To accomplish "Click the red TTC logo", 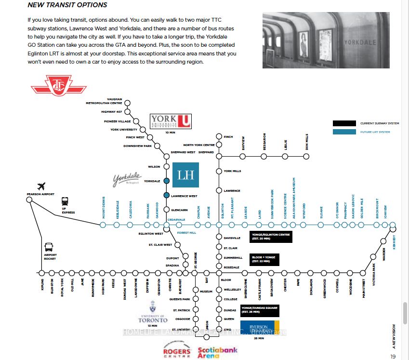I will tap(51, 85).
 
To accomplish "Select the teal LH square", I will tap(185, 175).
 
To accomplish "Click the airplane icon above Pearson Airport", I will tap(40, 186).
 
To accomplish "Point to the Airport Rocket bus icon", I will tap(49, 248).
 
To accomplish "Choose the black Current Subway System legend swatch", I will tap(344, 123).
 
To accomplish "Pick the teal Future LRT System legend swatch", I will tap(344, 132).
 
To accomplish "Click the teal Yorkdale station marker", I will tap(166, 181).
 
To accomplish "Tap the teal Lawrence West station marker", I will tap(166, 195).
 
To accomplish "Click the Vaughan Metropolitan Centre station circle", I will tap(128, 103).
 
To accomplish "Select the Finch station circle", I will tap(219, 136).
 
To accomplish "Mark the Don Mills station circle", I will tap(307, 156).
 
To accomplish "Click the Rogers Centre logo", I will tap(177, 350).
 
